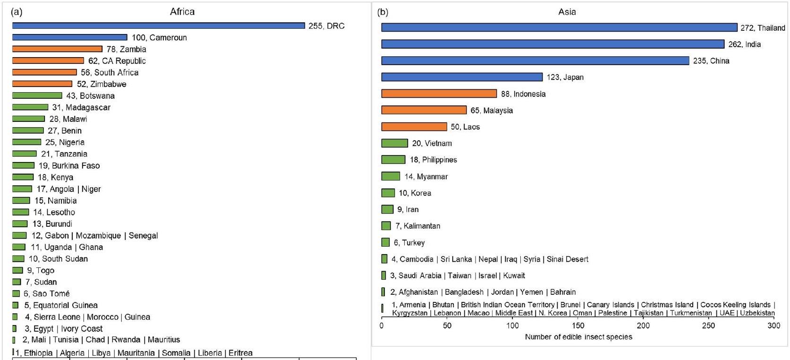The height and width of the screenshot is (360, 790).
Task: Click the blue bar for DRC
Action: [x=158, y=26]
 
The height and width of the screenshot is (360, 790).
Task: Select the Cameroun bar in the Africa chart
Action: [x=69, y=37]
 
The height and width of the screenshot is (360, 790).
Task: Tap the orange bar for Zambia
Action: [x=57, y=49]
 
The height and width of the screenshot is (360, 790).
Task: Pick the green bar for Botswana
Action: [x=37, y=95]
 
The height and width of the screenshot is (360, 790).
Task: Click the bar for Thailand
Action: [x=559, y=27]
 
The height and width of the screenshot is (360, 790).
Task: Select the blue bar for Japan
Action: [x=462, y=77]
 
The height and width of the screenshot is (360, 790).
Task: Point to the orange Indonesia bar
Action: [x=439, y=94]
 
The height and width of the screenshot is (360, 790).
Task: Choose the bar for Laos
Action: [x=414, y=127]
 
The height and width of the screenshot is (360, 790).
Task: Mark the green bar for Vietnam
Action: [x=394, y=143]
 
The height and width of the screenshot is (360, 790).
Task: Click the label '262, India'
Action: [x=744, y=44]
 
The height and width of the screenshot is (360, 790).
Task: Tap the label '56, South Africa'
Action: [x=110, y=72]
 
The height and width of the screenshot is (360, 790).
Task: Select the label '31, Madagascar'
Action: [x=81, y=107]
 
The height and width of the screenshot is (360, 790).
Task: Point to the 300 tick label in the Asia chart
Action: [x=773, y=326]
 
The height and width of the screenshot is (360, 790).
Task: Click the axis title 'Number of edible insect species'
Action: [x=578, y=337]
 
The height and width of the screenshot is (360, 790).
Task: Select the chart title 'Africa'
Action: [x=182, y=12]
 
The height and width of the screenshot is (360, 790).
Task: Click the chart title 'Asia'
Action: [x=567, y=12]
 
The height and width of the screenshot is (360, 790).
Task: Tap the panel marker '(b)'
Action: [x=382, y=12]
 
